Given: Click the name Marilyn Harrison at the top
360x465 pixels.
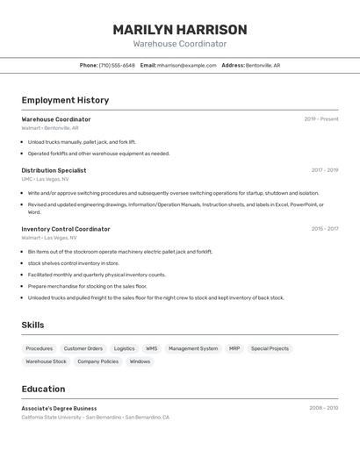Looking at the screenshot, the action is click(180, 30).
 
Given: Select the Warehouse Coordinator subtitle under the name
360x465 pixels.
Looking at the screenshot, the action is click(180, 44).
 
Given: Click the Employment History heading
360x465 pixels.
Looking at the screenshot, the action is click(65, 100).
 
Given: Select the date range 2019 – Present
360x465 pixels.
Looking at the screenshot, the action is click(321, 119).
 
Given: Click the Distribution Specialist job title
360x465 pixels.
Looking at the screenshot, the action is click(54, 170).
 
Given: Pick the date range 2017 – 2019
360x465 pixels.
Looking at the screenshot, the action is click(324, 170).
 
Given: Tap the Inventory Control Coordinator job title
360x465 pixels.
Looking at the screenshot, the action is click(66, 229).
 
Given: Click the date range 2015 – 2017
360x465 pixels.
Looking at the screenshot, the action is click(324, 229).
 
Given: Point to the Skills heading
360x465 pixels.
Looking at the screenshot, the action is click(32, 325).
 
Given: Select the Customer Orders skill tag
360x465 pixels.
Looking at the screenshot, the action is click(83, 348).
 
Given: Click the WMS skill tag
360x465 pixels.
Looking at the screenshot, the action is click(152, 348).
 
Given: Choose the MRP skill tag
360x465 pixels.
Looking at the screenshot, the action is click(234, 348).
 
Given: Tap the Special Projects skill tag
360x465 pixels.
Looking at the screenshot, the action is click(270, 348).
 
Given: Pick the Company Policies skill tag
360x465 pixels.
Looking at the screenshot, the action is click(97, 361).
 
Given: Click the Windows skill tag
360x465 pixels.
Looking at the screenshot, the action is click(140, 361).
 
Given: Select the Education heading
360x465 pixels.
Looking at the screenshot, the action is click(43, 389).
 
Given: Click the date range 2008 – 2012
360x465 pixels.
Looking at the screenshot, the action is click(323, 408).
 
